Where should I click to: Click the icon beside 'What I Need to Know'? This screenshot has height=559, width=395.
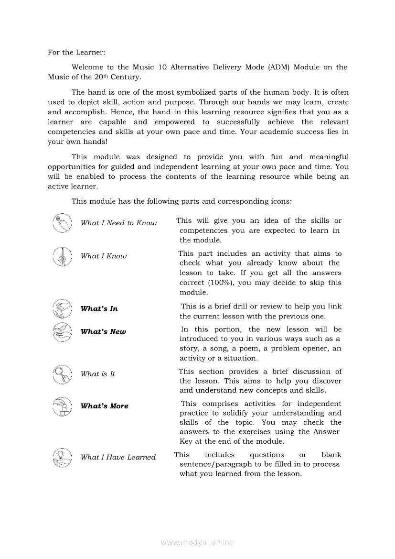(x=62, y=223)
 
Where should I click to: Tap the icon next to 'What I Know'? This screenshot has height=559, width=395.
(x=62, y=256)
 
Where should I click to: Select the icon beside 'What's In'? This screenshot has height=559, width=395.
(x=62, y=308)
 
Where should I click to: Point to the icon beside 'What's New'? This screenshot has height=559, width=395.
(x=62, y=331)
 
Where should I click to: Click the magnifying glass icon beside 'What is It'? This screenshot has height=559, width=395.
(x=62, y=373)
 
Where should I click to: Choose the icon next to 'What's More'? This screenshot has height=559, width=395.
(x=62, y=406)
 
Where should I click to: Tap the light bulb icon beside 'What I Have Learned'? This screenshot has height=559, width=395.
(x=62, y=457)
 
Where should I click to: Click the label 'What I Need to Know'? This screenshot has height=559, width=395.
(x=118, y=223)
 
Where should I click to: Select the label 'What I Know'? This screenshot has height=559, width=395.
(x=104, y=256)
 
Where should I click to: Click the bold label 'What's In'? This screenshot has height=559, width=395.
(x=99, y=309)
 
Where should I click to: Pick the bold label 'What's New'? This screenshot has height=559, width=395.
(x=103, y=332)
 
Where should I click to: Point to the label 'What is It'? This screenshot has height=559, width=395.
(x=98, y=374)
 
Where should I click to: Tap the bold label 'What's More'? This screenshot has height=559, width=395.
(x=105, y=406)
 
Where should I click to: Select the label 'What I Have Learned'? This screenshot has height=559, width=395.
(x=118, y=457)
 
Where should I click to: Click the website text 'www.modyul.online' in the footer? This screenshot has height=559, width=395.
(x=197, y=542)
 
